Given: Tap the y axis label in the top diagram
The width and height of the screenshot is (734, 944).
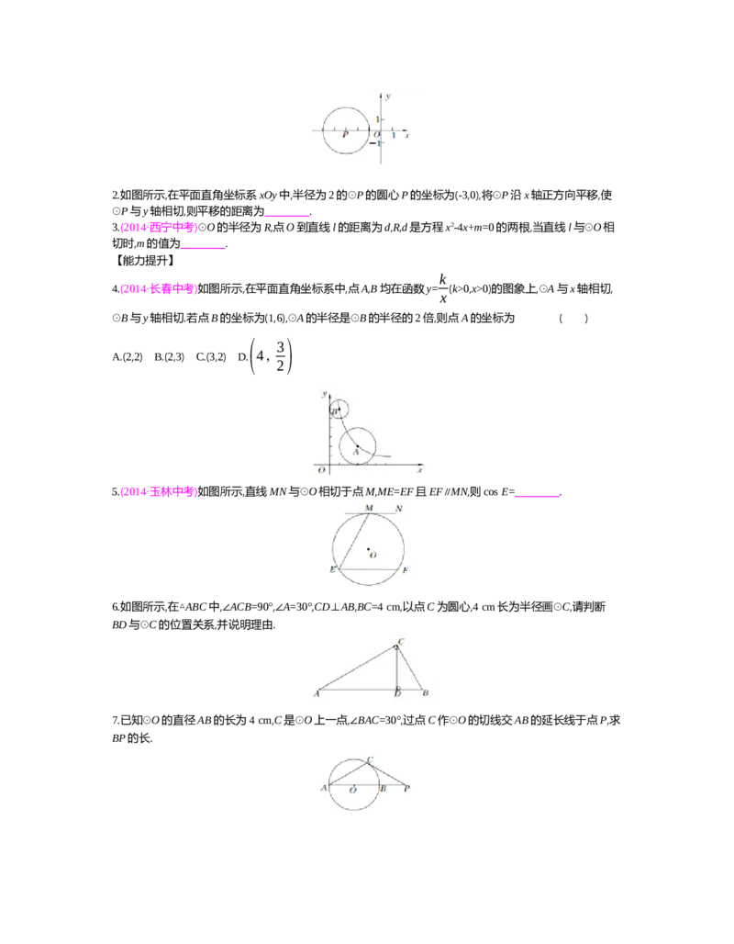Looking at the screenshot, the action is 389,96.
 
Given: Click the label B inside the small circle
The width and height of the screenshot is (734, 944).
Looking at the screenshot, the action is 334,411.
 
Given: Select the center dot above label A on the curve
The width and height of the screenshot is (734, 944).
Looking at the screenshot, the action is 358,446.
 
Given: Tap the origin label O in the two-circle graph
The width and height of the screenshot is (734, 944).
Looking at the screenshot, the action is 320,470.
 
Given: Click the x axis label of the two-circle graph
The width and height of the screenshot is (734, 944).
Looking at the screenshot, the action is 419,470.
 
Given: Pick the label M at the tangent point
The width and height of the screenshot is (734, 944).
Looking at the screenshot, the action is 369,508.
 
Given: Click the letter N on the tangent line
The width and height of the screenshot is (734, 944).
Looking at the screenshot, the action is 398,508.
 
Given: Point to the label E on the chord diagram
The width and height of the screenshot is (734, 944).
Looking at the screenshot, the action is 332,570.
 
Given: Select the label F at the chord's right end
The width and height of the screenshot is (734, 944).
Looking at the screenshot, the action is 405,571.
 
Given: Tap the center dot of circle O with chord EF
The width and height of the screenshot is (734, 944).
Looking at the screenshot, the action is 368,550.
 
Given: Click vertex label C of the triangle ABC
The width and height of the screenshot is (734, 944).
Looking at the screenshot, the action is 402,641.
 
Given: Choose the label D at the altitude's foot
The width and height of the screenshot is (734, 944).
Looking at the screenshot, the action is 397,693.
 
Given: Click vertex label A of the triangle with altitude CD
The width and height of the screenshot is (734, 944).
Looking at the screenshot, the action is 317,693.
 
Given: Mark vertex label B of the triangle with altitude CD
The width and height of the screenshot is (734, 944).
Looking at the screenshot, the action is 425,693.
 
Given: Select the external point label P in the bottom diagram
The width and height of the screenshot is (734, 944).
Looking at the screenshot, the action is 406,788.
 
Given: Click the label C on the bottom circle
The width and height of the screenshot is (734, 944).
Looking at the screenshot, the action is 369,759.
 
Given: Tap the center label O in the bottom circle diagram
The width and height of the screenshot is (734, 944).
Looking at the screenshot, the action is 352,790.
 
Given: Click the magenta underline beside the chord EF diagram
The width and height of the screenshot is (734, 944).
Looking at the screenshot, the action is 539,496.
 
